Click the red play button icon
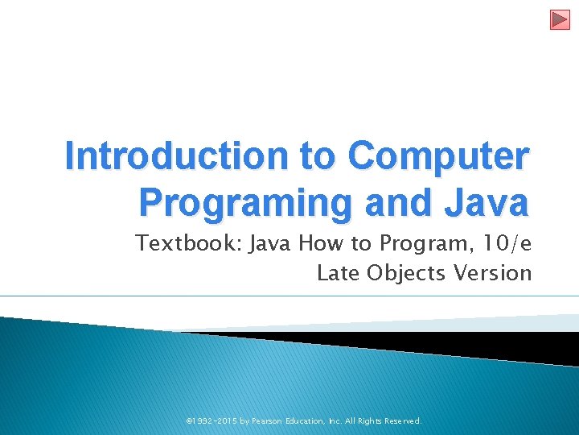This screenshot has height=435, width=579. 560,19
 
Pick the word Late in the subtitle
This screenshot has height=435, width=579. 339,273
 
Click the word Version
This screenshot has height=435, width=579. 493,273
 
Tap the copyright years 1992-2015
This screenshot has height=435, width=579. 211,420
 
